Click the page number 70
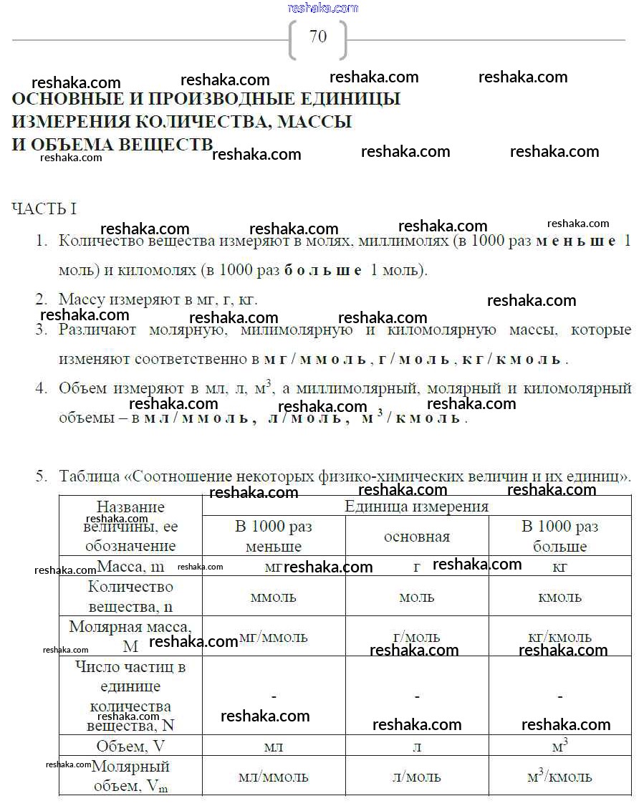318,37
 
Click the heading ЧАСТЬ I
44,209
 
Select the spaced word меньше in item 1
575,241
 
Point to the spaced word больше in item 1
323,271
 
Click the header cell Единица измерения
416,507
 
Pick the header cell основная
416,537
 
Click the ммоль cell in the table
273,597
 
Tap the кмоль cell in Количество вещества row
559,597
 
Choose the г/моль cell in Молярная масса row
416,637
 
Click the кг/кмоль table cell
559,637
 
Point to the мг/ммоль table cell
273,637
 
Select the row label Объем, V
130,747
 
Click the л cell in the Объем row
416,747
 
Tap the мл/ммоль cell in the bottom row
273,777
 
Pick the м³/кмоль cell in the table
559,777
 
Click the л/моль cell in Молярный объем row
416,777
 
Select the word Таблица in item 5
90,476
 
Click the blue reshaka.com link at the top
322,8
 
